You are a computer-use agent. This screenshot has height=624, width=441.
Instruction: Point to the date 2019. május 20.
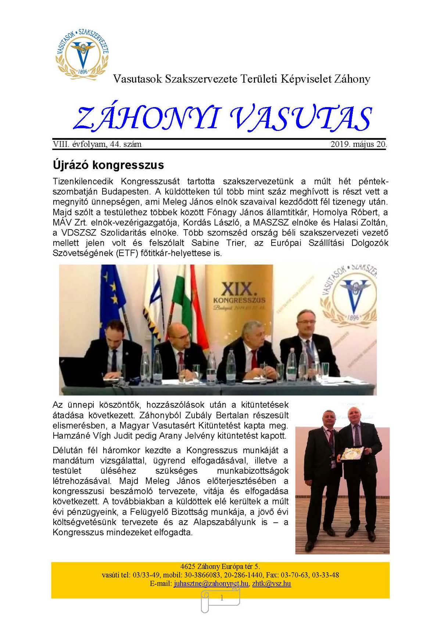[x=359, y=144]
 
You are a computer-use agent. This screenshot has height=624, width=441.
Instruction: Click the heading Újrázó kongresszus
[x=108, y=165]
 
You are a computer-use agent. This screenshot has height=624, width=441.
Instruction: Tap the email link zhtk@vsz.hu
[x=272, y=584]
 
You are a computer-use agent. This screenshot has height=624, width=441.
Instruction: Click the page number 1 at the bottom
[x=222, y=598]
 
